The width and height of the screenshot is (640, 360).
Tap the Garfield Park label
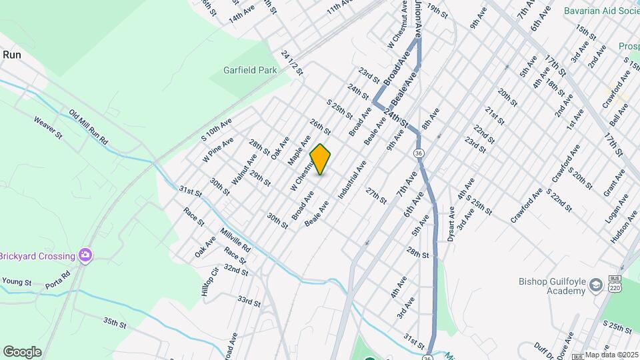coord(250,69)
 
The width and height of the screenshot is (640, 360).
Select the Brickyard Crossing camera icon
coord(85,255)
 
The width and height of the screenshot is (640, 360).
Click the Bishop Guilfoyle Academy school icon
coord(595,285)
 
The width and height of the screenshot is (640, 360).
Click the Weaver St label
coord(48,127)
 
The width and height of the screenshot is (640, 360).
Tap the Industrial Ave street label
coord(352,180)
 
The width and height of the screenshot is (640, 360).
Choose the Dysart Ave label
coord(451,223)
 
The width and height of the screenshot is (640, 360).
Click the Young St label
coord(17,282)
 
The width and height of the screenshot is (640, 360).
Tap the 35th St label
coord(115,323)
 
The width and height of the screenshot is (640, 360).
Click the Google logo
coord(22,352)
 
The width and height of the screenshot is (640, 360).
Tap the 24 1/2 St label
coord(293,63)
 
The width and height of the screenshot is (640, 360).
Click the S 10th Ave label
coord(217,128)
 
